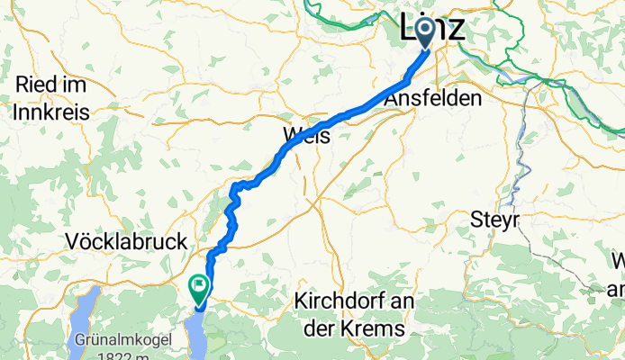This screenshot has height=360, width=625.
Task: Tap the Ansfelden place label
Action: click(x=432, y=101)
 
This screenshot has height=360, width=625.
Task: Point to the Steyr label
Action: click(x=496, y=220)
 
